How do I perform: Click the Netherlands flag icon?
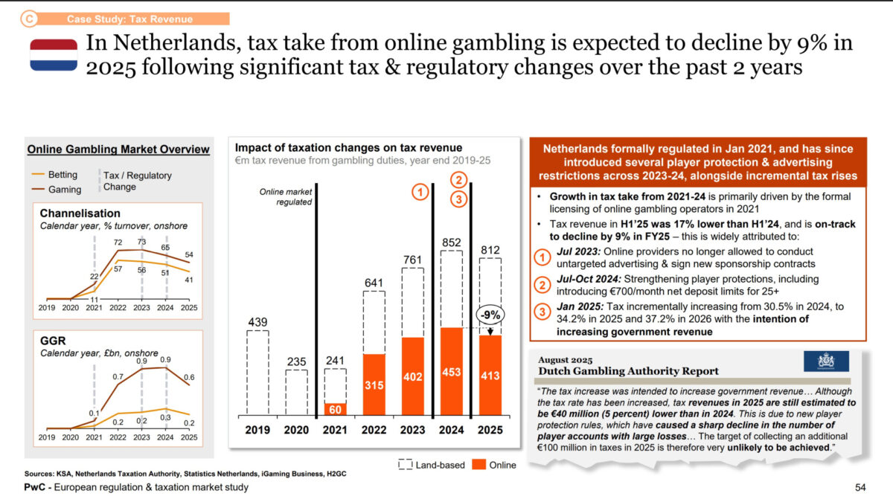coord(54,56)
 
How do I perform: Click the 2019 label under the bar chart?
coord(257,429)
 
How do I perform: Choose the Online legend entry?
coord(494,465)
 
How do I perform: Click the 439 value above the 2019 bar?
coord(257,321)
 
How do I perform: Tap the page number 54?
coord(860,487)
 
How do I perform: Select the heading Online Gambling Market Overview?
coord(118,149)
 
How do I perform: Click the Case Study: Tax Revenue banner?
coord(129,19)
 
